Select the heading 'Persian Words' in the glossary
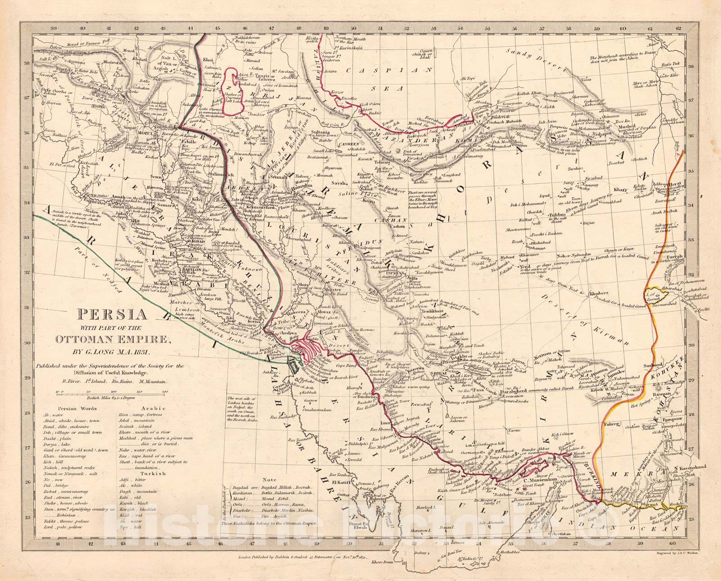point(61,404)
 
